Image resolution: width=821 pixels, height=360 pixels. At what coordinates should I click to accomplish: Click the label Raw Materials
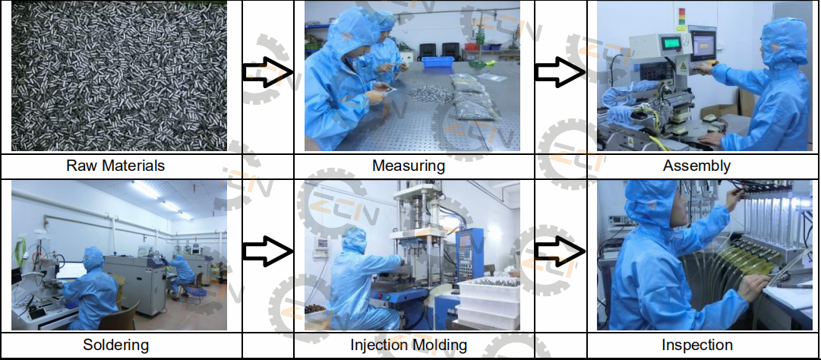115,165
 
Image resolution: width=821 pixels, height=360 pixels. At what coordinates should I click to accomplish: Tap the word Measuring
408,165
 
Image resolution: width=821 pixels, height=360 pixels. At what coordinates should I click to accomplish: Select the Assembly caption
696,165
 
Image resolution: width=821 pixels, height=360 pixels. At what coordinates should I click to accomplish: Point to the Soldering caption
115,345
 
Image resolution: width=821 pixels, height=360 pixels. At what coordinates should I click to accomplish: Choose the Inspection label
696,345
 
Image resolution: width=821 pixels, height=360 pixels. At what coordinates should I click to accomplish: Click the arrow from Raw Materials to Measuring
267,73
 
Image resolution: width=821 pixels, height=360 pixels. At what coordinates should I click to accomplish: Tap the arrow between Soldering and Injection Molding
267,252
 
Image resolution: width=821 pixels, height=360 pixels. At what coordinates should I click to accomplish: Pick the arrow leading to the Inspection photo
560,252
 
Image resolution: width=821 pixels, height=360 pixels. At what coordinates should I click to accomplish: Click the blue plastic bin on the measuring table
437,65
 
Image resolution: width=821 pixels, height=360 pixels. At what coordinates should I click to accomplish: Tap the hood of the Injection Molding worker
353,242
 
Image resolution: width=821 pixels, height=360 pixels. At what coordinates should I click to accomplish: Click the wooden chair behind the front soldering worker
128,314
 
